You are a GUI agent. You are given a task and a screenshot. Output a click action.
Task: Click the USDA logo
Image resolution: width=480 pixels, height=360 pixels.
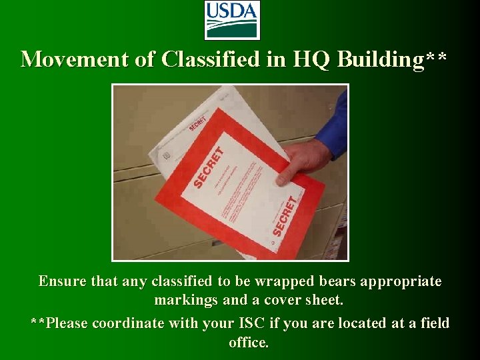point(231,20)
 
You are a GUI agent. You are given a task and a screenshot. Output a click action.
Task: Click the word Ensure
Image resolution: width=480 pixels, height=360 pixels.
point(61,281)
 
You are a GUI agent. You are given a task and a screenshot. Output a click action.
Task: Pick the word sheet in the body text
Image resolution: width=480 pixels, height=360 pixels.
point(324,301)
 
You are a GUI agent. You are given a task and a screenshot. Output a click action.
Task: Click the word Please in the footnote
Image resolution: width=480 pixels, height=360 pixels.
point(68,323)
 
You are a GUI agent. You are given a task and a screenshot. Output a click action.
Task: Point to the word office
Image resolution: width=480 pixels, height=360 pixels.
point(248,343)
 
